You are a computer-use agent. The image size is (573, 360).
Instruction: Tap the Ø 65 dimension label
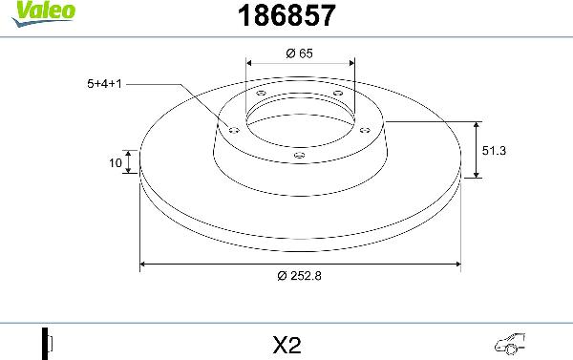(x=299, y=53)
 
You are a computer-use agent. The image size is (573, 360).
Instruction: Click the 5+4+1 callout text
(x=104, y=83)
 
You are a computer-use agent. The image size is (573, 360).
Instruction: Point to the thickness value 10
(x=115, y=163)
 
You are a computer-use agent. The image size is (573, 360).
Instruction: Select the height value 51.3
(x=494, y=150)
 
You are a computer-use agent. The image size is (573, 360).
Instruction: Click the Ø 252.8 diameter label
(x=299, y=277)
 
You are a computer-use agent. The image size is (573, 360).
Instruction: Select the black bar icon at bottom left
(x=44, y=342)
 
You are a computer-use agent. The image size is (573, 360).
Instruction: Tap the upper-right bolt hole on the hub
(x=337, y=93)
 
